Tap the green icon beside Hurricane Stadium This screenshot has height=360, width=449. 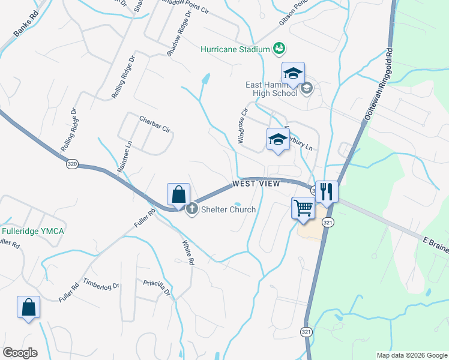278,47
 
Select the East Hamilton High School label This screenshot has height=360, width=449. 271,89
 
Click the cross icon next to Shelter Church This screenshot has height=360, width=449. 192,209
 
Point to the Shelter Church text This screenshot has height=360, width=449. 228,209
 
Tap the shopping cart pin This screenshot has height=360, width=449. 304,208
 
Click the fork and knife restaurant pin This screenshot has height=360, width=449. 327,191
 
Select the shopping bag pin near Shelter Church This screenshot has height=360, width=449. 178,195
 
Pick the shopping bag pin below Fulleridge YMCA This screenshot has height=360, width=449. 28,307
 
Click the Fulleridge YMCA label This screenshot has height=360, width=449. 32,231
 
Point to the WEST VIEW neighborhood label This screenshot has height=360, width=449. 256,184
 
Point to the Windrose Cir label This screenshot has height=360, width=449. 242,125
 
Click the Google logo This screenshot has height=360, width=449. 20,353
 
